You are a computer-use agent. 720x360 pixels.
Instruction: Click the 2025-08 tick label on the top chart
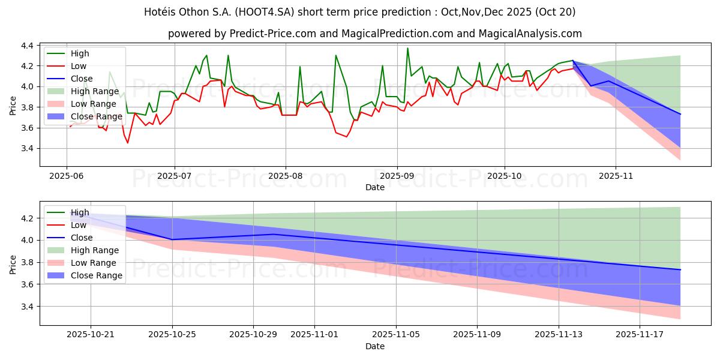285,177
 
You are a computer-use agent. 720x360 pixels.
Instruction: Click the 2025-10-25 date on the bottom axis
172,335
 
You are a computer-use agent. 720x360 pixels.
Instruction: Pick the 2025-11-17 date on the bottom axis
640,335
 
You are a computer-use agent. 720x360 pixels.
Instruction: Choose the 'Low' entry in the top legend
79,66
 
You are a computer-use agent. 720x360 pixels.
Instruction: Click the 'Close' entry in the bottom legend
82,238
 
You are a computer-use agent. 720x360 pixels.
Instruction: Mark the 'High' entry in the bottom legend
80,212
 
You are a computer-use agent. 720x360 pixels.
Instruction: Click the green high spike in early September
407,49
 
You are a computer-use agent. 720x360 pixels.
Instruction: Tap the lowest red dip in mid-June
127,143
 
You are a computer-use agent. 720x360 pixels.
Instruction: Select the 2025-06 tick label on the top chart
66,177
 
